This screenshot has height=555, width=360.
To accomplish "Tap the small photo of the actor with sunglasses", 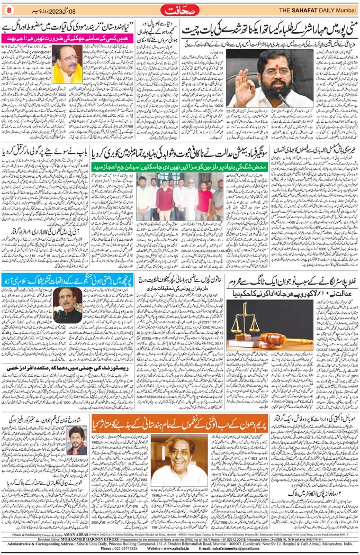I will point(78,441).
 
